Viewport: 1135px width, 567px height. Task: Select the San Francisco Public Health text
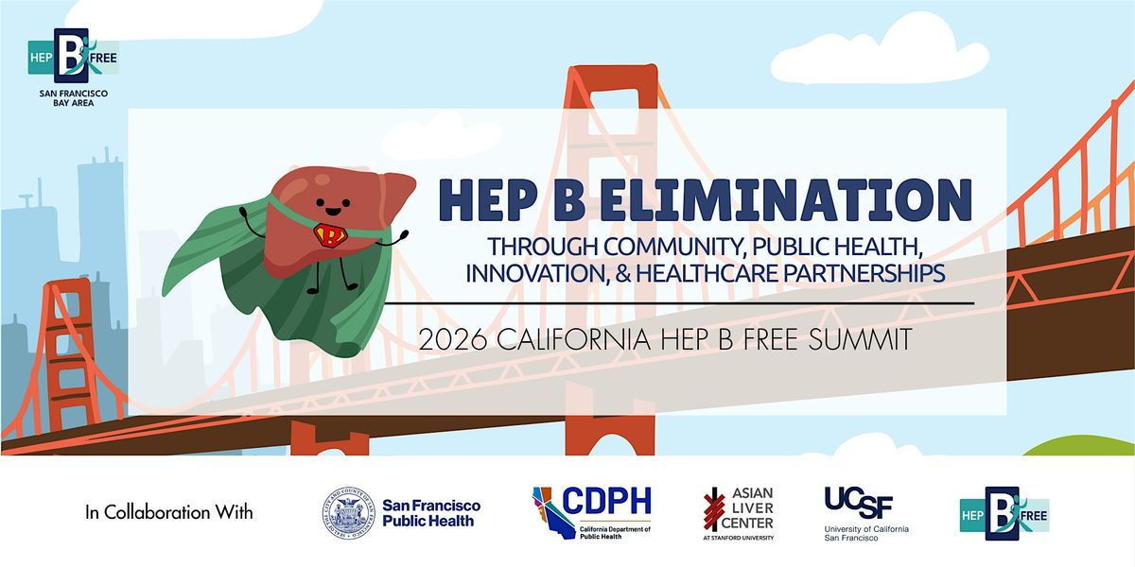click(431, 513)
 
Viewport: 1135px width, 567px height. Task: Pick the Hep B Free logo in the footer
click(1004, 513)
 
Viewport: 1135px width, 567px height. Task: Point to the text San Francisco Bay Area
click(73, 97)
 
